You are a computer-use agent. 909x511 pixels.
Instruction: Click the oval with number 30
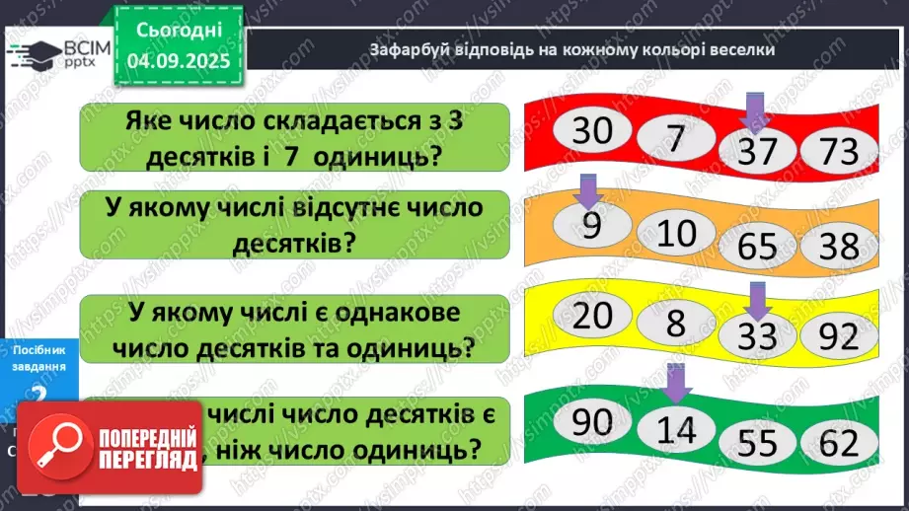[x=592, y=132]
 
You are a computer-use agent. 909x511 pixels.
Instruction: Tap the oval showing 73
[x=839, y=153]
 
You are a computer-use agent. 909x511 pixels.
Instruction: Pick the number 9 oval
[x=591, y=227]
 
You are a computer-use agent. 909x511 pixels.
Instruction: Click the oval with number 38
[x=839, y=247]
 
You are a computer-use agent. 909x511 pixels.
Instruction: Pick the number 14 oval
[x=676, y=431]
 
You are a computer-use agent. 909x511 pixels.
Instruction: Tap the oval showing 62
[x=839, y=445]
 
